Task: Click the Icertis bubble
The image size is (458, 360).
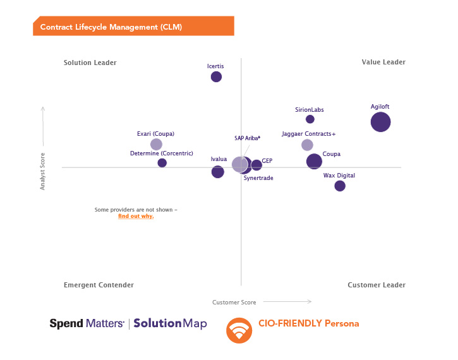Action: [216, 77]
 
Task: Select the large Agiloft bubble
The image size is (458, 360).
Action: [380, 122]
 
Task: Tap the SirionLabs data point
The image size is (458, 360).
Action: [310, 119]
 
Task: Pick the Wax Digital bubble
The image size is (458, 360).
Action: [340, 186]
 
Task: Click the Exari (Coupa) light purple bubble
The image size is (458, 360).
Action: [156, 145]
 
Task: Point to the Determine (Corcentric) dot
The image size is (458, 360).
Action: [162, 163]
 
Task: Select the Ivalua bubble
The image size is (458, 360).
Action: [217, 172]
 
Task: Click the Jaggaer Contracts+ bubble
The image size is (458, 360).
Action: [307, 145]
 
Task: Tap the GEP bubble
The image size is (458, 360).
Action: [256, 165]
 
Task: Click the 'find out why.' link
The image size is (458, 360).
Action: [136, 216]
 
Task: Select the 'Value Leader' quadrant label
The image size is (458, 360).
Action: [383, 63]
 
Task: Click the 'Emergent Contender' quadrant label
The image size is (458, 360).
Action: [99, 285]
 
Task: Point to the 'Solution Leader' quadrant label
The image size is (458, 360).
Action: [90, 63]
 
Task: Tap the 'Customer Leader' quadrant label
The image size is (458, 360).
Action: [377, 285]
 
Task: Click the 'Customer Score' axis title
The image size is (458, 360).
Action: [234, 303]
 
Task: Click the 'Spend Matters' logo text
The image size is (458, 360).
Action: [87, 323]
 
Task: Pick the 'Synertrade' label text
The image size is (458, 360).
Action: [258, 178]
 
